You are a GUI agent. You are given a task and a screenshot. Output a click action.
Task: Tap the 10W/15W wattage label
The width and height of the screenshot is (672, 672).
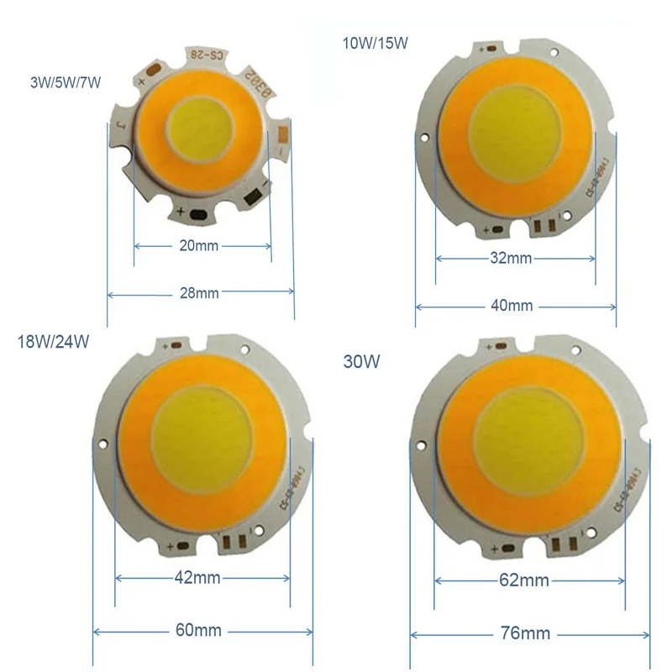[x=374, y=43]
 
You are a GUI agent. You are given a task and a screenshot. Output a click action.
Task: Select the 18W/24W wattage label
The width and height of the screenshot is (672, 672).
[x=53, y=342]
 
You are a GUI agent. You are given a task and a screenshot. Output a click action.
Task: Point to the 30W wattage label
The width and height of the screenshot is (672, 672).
[x=362, y=362]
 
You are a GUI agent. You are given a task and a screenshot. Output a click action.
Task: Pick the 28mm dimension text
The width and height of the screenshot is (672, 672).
[x=200, y=293]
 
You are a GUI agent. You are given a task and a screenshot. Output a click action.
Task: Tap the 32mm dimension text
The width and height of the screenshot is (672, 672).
[x=511, y=258]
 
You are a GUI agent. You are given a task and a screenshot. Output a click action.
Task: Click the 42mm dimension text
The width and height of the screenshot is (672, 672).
[x=199, y=578]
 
